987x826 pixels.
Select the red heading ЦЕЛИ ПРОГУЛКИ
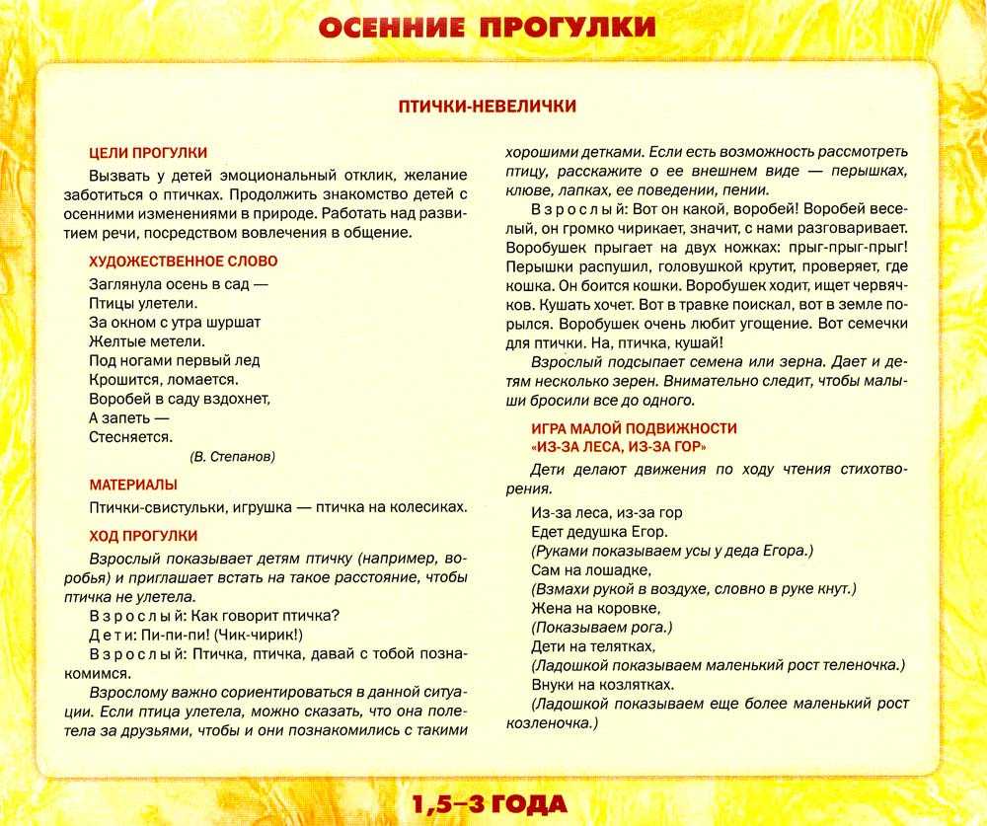click(148, 152)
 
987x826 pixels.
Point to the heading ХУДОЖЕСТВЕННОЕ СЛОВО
click(183, 262)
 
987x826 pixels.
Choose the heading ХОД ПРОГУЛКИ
click(143, 536)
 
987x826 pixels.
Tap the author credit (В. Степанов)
click(233, 457)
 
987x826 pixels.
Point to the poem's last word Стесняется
click(130, 436)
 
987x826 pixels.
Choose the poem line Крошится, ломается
click(163, 379)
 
